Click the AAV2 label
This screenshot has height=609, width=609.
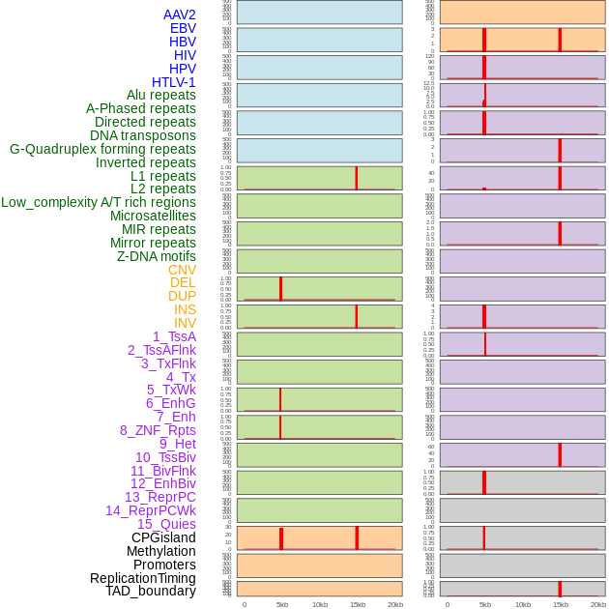coord(179,14)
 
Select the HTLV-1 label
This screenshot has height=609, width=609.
coord(173,82)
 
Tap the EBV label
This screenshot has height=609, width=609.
coord(183,28)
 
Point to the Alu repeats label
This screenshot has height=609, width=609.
coord(160,95)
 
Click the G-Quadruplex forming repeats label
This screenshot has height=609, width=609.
coord(102,149)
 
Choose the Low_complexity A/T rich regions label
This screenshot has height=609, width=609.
coord(99,202)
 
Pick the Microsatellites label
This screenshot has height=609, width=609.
coord(153,216)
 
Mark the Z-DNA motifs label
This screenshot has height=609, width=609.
coord(157,256)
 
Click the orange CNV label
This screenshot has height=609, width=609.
coord(182,270)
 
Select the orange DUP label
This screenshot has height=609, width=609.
coord(182,296)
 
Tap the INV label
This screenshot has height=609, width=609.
coord(185,323)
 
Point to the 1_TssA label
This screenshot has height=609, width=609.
coord(174,336)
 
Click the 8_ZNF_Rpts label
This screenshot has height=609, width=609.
coord(158,430)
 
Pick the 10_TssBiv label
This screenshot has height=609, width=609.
coord(165,457)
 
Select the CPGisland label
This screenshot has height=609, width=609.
coord(163,537)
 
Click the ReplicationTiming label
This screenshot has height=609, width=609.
coord(143,578)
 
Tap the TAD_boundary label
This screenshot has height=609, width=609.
coord(151,591)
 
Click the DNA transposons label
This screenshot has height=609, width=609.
coord(143,135)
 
